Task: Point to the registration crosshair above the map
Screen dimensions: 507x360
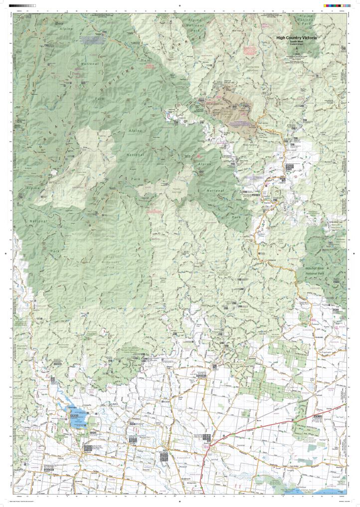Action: pyautogui.click(x=180, y=5)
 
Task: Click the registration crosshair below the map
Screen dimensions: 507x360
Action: pyautogui.click(x=180, y=502)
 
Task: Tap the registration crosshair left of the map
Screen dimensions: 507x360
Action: pyautogui.click(x=5, y=253)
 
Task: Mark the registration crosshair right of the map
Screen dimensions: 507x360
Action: pyautogui.click(x=355, y=253)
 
